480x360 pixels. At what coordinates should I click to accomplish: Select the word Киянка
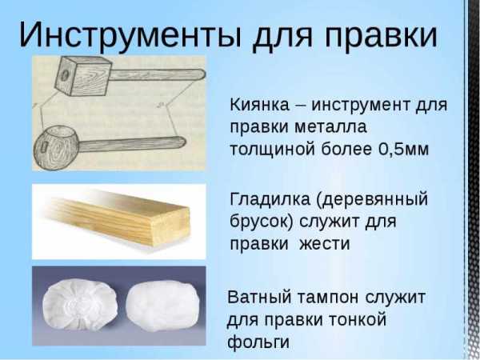click(x=259, y=105)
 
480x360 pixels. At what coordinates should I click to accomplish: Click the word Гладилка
click(x=270, y=199)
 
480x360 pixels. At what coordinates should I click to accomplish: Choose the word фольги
click(x=258, y=342)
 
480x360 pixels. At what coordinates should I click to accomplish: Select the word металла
click(x=330, y=127)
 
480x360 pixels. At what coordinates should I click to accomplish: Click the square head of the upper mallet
click(x=82, y=76)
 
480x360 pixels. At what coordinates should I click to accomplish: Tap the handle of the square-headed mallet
click(x=157, y=74)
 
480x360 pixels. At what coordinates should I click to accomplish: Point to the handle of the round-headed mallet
click(x=133, y=144)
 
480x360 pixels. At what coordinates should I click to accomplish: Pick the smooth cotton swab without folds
click(x=163, y=306)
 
